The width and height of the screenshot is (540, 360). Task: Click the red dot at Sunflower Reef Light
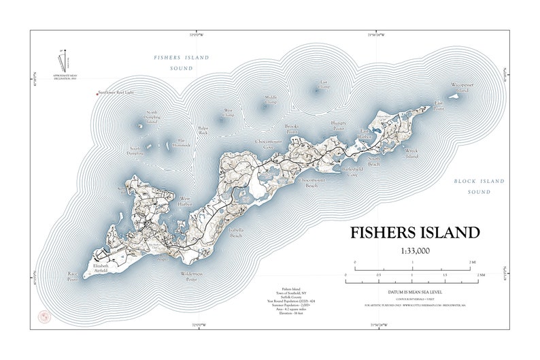97,93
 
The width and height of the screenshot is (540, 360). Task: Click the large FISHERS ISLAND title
415,232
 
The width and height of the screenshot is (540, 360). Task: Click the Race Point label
73,277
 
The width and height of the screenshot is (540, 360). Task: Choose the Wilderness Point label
191,276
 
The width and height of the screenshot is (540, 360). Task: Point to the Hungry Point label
338,127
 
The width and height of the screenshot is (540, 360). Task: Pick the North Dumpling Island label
151,116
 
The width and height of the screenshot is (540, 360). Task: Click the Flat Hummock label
182,143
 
